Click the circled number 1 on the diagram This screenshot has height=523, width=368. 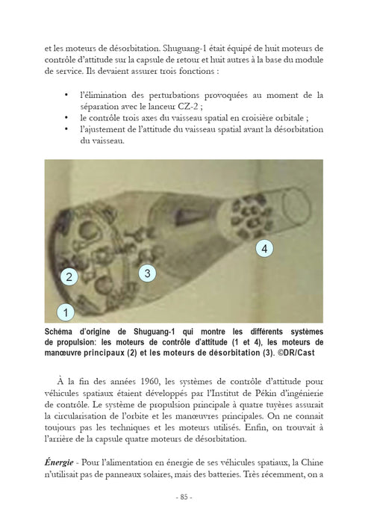66,311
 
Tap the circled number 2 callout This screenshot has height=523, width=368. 69,276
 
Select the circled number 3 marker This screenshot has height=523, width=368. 147,273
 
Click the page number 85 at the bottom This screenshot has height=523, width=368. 184,497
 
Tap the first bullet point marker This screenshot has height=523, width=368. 69,95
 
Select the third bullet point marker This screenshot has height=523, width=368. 69,129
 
